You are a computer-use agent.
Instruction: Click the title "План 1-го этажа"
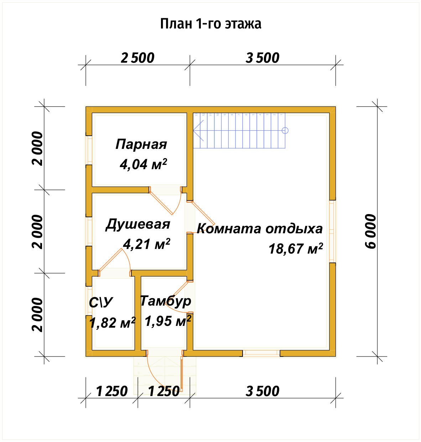(210, 24)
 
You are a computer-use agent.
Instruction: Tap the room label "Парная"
(141, 144)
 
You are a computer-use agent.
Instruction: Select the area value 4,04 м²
(143, 164)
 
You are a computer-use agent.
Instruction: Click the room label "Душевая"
(138, 224)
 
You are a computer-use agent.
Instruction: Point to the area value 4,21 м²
(146, 244)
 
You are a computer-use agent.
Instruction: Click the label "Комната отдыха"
(260, 228)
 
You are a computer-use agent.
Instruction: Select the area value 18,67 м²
(296, 248)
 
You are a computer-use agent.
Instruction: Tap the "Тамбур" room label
(166, 301)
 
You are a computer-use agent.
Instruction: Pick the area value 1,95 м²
(168, 321)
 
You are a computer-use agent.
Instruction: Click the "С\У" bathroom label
(100, 302)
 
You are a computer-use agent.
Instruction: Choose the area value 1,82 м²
(112, 323)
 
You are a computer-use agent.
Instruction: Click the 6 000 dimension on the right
(370, 232)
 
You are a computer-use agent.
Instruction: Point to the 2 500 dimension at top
(137, 58)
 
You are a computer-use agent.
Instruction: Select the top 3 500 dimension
(263, 58)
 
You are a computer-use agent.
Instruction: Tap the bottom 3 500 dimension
(263, 391)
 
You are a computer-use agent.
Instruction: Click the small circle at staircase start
(285, 130)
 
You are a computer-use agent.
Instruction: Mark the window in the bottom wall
(261, 353)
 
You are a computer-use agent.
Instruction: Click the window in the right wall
(332, 232)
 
